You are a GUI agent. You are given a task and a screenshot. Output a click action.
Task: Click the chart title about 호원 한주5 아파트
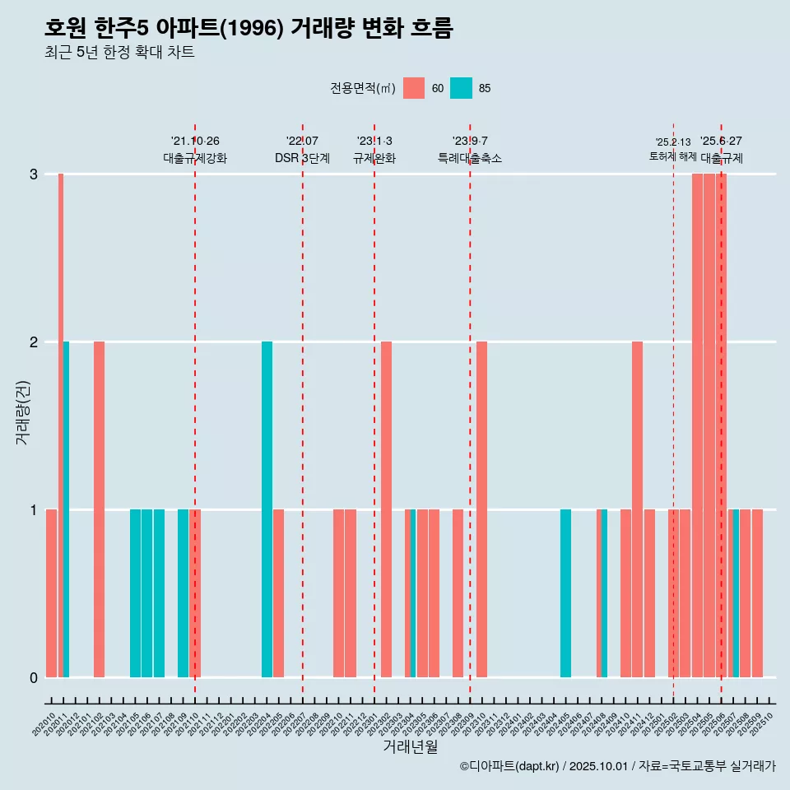click(249, 28)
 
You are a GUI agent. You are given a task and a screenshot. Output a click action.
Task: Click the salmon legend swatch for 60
click(414, 88)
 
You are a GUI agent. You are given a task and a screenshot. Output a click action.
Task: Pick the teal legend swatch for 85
click(461, 88)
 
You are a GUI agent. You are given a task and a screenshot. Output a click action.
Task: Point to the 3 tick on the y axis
click(34, 174)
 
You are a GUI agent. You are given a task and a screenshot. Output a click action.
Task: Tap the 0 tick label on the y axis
click(34, 678)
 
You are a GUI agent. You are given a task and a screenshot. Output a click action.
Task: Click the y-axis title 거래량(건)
click(22, 411)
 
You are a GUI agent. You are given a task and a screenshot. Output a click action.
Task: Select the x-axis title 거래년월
click(410, 746)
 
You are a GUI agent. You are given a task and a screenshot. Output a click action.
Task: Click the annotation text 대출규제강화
click(195, 158)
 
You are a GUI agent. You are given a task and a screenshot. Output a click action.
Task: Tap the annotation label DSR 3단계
click(302, 158)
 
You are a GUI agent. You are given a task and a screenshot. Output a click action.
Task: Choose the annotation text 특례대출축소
click(469, 158)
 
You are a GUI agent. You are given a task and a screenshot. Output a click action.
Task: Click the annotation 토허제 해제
click(673, 156)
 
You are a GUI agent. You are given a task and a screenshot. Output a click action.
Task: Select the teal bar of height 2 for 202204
click(267, 509)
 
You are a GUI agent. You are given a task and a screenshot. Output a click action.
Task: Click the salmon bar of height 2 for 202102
click(99, 509)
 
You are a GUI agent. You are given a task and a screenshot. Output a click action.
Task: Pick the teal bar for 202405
click(565, 593)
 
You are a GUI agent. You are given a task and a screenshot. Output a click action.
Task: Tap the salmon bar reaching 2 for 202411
click(637, 509)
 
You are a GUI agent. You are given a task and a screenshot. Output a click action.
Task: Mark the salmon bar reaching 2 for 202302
click(386, 509)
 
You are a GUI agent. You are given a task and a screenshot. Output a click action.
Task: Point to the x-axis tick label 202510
click(763, 721)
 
